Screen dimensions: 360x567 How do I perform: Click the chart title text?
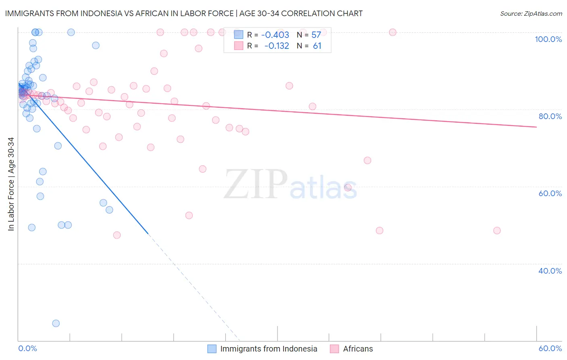[x=184, y=13]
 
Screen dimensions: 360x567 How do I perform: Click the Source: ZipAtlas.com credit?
[x=531, y=13]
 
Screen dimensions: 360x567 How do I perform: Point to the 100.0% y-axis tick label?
[x=548, y=39]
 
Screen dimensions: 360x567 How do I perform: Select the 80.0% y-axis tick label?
[x=550, y=116]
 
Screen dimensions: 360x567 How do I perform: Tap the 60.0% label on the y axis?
[x=550, y=193]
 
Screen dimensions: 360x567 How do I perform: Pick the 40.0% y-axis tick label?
[x=550, y=271]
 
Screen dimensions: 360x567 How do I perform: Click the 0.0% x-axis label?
[x=27, y=348]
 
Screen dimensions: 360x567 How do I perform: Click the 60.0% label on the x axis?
[x=550, y=348]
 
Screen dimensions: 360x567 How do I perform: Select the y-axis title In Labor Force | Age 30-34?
[x=11, y=184]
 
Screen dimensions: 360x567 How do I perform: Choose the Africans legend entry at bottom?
[x=358, y=349]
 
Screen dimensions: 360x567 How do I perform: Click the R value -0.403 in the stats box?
[x=275, y=35]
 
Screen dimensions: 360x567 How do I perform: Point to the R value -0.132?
[x=277, y=46]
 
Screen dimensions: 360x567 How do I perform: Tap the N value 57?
[x=316, y=35]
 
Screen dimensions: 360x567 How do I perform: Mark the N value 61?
[x=317, y=46]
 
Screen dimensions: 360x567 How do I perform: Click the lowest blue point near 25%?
[x=56, y=323]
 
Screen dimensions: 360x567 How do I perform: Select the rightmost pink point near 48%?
[x=497, y=230]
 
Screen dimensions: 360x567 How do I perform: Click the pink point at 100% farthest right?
[x=392, y=32]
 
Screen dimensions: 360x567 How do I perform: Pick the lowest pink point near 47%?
[x=117, y=235]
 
